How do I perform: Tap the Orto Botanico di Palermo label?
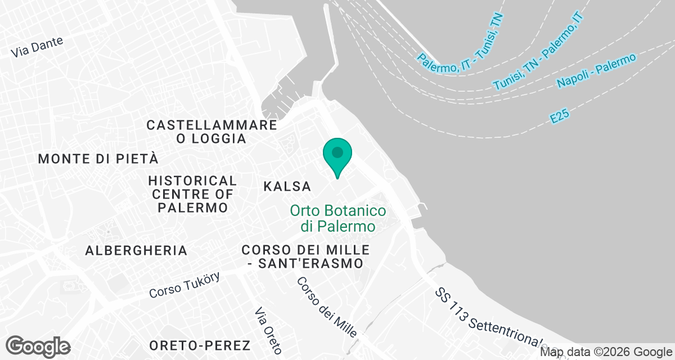338,219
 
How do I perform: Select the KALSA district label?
287,186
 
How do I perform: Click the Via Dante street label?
37,47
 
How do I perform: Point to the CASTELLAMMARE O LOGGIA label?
211,132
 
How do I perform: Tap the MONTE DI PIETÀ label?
98,159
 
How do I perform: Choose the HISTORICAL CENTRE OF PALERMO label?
192,194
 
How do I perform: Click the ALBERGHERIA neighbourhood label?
136,250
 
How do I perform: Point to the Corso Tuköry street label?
184,285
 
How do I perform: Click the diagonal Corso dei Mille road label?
327,307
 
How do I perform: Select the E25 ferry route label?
560,116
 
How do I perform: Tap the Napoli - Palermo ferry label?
596,71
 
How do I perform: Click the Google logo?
38,346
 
